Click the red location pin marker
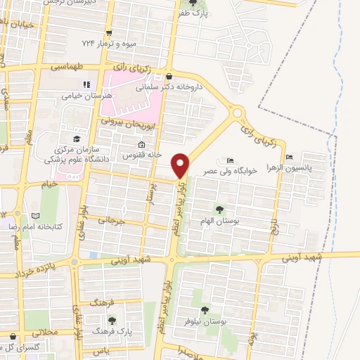(x=181, y=165)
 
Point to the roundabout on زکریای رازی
(x=238, y=111)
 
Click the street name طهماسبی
(x=67, y=67)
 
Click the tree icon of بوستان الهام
(x=220, y=210)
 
